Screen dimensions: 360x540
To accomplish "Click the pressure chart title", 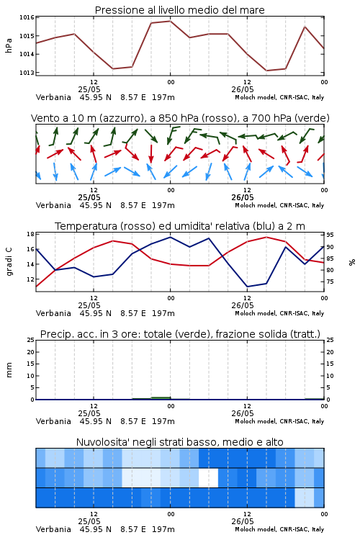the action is pos(179,10).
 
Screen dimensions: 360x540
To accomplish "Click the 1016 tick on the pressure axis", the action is pos(27,17).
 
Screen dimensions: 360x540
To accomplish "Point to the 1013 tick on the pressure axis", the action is pos(27,73).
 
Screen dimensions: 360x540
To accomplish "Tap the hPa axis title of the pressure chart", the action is pos(9,46).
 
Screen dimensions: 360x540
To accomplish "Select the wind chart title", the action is pos(180,118).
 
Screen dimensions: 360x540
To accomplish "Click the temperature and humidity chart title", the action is pos(180,226).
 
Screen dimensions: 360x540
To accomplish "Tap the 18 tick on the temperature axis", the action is pos(31,234).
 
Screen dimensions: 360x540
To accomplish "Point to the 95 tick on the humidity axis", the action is pos(330,235).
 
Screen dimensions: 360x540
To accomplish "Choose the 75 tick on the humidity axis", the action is pos(330,282).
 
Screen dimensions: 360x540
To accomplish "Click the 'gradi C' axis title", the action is pos(9,262).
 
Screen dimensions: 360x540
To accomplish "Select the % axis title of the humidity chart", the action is pos(352,262).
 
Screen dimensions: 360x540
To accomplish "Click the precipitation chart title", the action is pos(180,334).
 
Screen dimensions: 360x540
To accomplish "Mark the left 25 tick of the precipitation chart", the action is pos(31,340).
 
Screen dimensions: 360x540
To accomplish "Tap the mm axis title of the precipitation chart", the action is pos(9,370).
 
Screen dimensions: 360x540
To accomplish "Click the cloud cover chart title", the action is pos(179,442).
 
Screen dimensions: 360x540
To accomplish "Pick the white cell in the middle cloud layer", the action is pos(208,477).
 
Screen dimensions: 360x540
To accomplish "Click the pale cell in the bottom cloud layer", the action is pos(305,498).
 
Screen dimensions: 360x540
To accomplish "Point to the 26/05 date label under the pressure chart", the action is pos(243,89).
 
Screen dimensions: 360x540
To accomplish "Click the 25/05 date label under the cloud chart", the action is pos(89,521).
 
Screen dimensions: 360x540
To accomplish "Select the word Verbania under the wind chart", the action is pos(53,205).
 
